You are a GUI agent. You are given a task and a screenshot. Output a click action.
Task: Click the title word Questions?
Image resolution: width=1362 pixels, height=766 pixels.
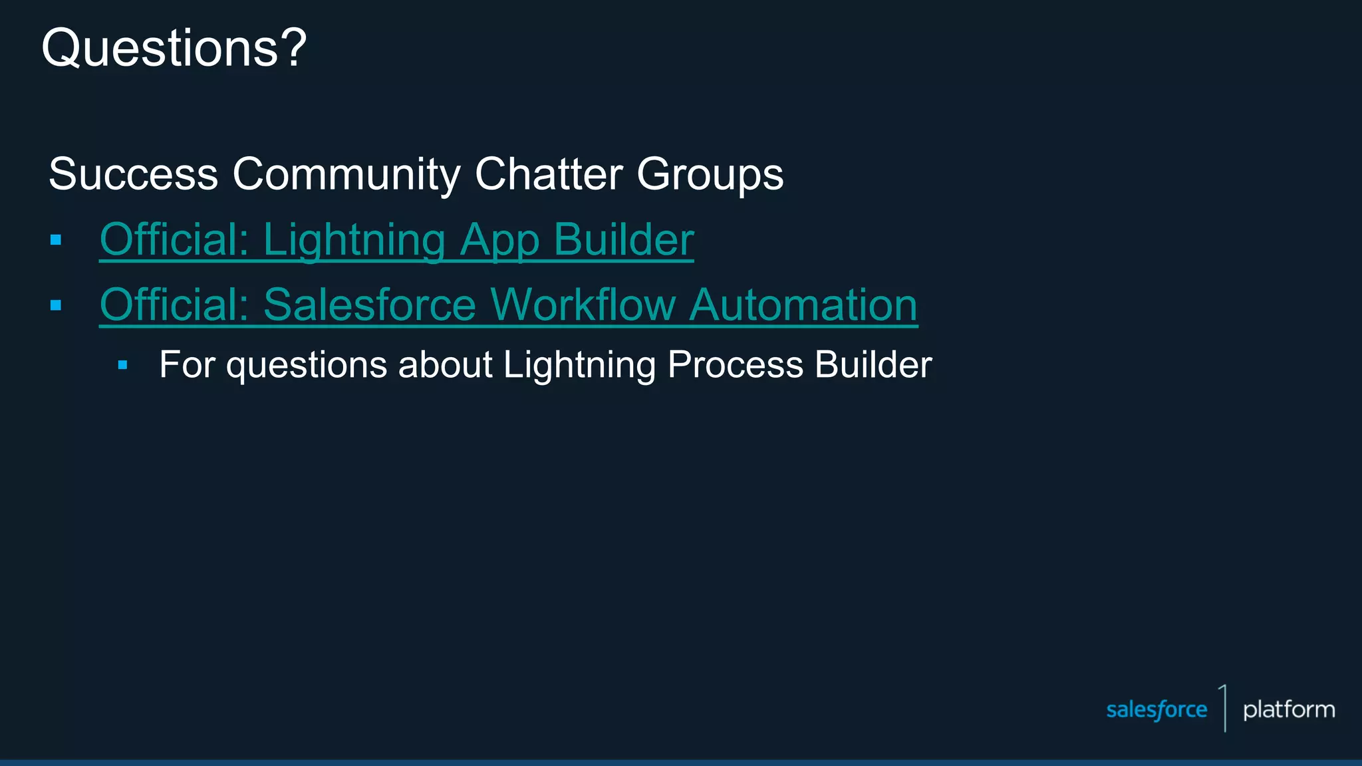click(174, 49)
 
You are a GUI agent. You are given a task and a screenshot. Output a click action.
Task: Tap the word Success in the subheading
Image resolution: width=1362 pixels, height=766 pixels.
click(133, 174)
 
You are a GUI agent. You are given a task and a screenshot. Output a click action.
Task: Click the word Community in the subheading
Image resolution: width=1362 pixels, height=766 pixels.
click(346, 174)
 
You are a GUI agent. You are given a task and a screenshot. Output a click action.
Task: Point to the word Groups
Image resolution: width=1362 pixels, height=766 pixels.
click(710, 174)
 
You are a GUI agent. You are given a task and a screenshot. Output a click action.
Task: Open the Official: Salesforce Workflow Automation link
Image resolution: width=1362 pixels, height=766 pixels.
click(508, 305)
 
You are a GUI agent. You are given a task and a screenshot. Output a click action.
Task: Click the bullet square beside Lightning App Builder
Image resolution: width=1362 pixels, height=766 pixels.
click(56, 240)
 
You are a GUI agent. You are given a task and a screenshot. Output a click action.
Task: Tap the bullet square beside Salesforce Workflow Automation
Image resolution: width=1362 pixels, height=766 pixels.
click(56, 306)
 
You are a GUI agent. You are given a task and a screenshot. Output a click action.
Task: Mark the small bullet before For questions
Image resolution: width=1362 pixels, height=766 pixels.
click(122, 365)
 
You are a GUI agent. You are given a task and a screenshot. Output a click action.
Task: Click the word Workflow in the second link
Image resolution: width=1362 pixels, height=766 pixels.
click(583, 305)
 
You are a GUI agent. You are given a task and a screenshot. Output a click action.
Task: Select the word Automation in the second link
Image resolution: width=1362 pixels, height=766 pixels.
click(803, 305)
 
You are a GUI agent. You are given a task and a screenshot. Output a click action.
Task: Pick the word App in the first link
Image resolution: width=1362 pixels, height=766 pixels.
click(499, 241)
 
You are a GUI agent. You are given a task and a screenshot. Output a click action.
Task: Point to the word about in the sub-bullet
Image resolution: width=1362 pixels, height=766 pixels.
click(445, 365)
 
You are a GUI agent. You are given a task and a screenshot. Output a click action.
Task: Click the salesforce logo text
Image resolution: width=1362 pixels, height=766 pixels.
click(1156, 710)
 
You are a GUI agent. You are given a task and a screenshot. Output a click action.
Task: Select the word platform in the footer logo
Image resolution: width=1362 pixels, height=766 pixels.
click(1288, 710)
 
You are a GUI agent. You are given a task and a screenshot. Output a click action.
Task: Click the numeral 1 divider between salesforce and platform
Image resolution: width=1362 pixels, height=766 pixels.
click(1224, 708)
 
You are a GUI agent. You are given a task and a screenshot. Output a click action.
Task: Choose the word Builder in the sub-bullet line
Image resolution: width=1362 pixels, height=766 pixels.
click(873, 365)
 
